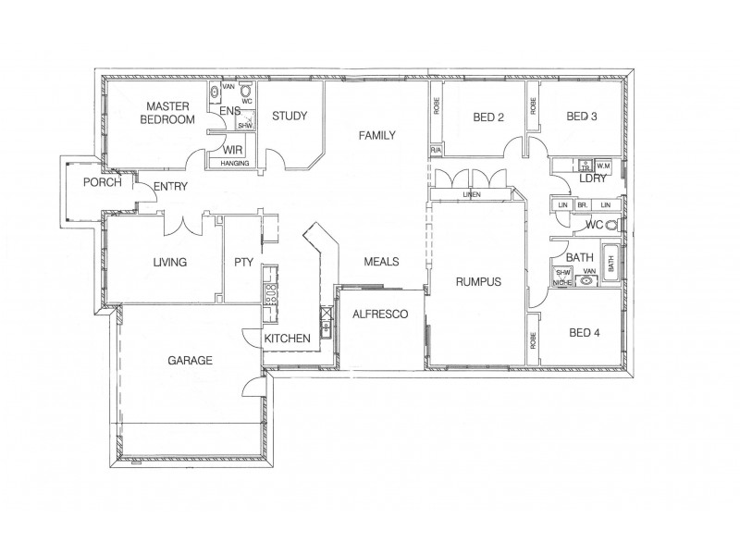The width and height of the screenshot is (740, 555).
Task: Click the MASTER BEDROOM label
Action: coord(167,113)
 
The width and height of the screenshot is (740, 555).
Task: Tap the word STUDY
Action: coord(289,117)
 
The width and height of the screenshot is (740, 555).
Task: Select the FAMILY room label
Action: coord(377,136)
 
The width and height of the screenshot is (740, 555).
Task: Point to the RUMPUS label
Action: coord(476,282)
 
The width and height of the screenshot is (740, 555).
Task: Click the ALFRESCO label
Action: coord(380,314)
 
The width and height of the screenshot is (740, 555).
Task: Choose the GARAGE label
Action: coord(190,360)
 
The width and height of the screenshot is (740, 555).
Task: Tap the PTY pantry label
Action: coord(243,263)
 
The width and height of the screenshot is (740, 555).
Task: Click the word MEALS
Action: coord(381,263)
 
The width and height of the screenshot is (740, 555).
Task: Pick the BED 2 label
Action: coord(487,117)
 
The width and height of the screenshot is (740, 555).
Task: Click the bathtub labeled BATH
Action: coord(611,264)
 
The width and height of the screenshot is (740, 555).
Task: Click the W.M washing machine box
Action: coord(604,165)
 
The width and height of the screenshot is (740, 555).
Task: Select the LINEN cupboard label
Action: coord(473,195)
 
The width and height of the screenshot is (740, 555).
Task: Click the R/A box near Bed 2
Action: coord(435,150)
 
